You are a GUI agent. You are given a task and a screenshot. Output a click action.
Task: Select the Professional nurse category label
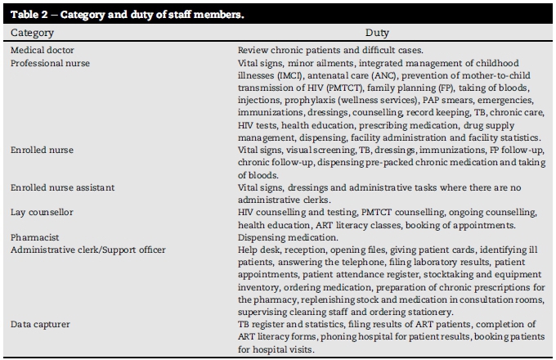pos(49,62)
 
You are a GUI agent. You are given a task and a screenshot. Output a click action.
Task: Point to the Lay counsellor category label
pos(42,212)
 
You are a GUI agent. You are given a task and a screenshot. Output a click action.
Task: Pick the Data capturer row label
pos(40,323)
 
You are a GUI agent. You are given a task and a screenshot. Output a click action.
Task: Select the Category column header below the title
pos(33,33)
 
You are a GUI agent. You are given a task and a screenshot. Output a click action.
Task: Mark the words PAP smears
pos(436,99)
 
